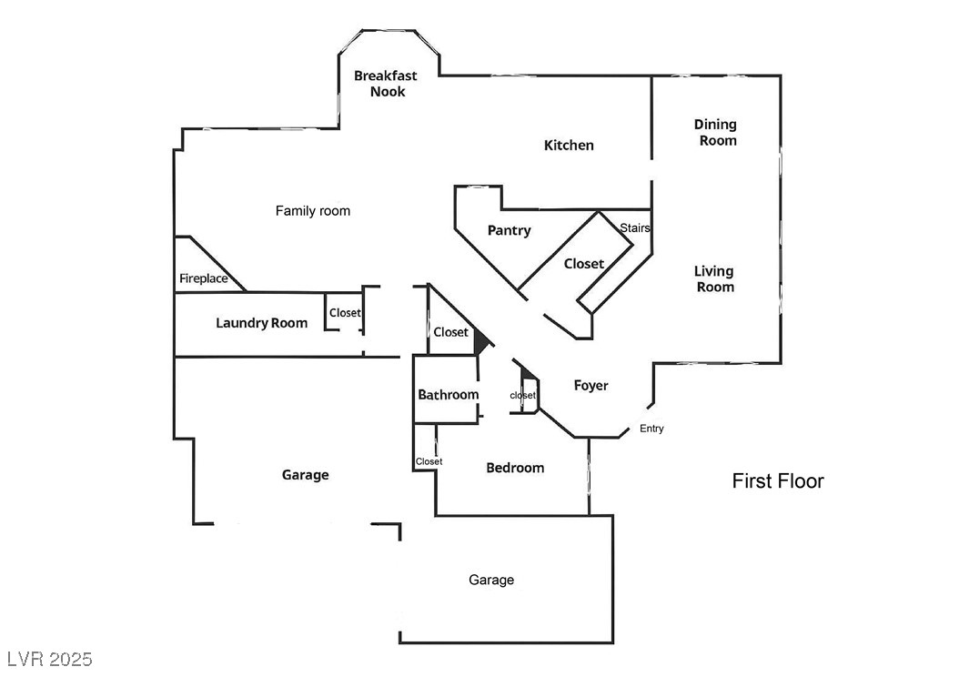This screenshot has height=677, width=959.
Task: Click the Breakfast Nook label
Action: click(386, 84)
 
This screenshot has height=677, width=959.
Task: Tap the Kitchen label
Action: click(569, 146)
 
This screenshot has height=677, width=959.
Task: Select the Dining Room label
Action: click(715, 132)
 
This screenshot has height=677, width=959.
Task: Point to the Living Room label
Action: click(714, 278)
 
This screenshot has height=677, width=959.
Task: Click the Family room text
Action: click(313, 211)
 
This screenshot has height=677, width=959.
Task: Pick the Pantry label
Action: click(509, 230)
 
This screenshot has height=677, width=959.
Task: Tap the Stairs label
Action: click(634, 227)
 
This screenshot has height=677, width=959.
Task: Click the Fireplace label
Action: click(204, 278)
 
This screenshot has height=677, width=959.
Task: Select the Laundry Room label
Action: click(261, 322)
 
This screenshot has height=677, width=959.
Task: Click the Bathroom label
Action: click(448, 395)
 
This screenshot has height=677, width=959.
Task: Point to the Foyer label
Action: click(591, 386)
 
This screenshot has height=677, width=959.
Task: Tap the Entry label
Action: click(651, 429)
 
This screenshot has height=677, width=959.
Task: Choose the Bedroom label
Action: click(515, 468)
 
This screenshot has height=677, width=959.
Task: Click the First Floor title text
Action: click(778, 481)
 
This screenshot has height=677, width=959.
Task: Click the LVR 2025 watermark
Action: click(49, 658)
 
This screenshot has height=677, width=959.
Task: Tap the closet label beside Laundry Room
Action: click(345, 313)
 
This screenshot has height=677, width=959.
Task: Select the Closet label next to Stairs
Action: click(583, 264)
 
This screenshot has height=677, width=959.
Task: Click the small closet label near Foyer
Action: click(523, 396)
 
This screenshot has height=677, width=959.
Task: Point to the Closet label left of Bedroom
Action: click(429, 461)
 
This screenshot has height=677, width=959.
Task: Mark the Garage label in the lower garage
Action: click(490, 580)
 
